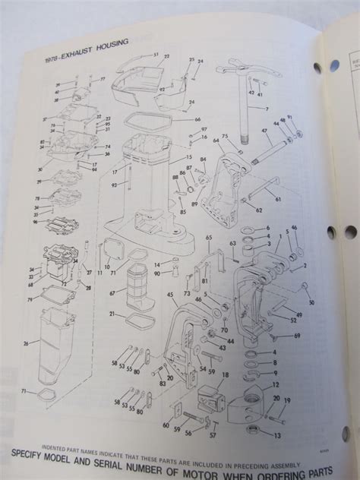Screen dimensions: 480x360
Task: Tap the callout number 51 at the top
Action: (156, 55)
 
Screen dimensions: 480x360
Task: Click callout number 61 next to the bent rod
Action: (278, 198)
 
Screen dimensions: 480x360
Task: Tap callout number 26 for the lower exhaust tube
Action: (27, 343)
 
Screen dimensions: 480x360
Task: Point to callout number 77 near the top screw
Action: (103, 78)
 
